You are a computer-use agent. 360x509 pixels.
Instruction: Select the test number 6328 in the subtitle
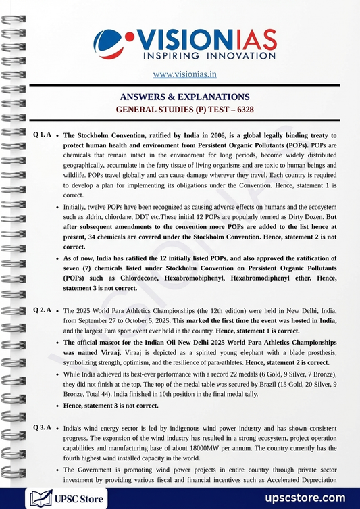pyautogui.click(x=241, y=109)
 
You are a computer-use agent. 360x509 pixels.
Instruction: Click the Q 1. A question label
pyautogui.click(x=43, y=135)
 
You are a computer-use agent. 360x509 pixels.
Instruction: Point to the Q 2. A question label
pyautogui.click(x=43, y=310)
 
